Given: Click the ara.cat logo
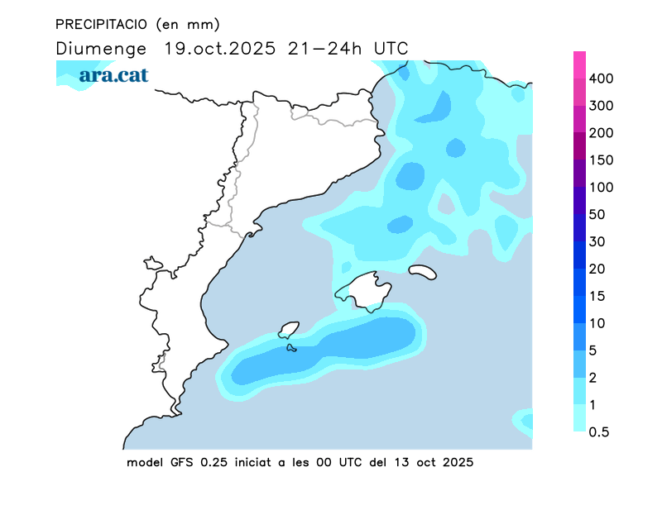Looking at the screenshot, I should pyautogui.click(x=113, y=75).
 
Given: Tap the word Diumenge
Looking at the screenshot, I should pyautogui.click(x=101, y=48).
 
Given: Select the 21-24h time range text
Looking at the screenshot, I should pyautogui.click(x=324, y=48).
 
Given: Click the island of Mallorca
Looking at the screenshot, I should pyautogui.click(x=364, y=290).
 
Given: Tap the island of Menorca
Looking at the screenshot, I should pyautogui.click(x=423, y=271).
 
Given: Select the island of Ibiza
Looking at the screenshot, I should pyautogui.click(x=288, y=331).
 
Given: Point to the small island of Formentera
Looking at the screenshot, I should pyautogui.click(x=291, y=348).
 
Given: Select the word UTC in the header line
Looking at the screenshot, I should pyautogui.click(x=391, y=48).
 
